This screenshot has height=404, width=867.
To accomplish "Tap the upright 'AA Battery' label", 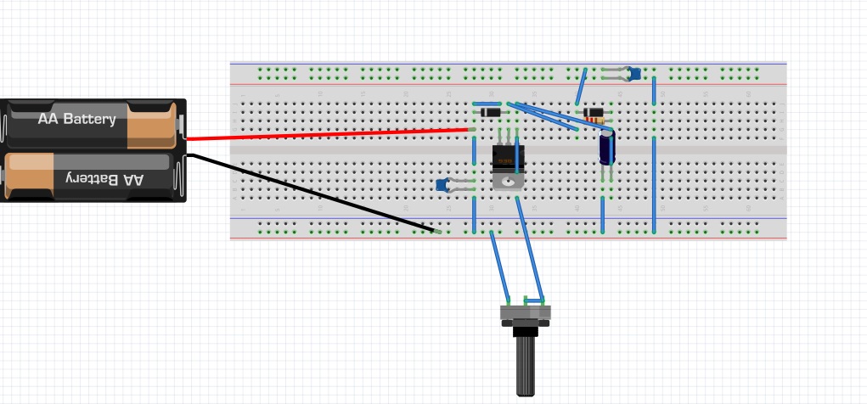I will coord(76,119).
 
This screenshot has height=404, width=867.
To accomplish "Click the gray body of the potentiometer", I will coord(526,313).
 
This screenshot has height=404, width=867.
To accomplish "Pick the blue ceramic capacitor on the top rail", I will coord(633,73).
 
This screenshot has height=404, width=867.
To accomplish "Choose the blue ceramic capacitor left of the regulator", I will coord(442,184).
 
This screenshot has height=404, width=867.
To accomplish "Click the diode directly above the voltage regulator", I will coord(491,112).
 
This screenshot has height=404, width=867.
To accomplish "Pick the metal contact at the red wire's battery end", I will coord(182,126).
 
